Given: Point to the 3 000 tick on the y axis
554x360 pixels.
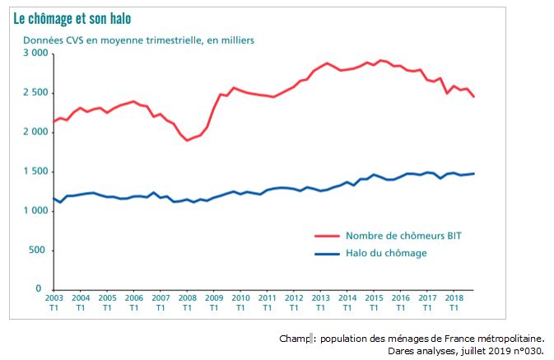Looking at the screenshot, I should [x=35, y=54].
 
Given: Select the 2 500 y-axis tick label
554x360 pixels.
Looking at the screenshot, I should [x=35, y=93].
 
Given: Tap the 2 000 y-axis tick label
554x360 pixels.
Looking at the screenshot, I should [x=35, y=132].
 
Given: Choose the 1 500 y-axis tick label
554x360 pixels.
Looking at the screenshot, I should [x=35, y=171].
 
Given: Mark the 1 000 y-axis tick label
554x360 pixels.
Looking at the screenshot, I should [x=35, y=211].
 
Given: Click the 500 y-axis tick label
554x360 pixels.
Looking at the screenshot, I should [x=39, y=250].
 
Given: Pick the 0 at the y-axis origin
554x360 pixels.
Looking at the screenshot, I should [x=46, y=290].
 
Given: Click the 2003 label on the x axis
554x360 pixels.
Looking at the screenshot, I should [x=54, y=298].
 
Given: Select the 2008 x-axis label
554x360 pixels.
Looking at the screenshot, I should [x=187, y=298].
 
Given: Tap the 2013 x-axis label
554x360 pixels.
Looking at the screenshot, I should [x=320, y=298].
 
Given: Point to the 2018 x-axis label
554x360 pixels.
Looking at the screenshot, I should [x=454, y=298].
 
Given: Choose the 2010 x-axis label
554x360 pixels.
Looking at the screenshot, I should [x=240, y=298].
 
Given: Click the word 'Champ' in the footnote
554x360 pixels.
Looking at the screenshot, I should [x=293, y=338].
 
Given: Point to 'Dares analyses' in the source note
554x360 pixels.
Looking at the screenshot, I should [x=420, y=350].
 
